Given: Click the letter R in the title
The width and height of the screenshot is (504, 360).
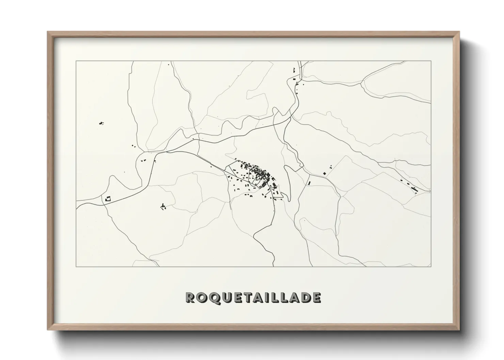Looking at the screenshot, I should (x=190, y=298).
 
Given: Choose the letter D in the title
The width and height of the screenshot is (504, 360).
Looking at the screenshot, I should (x=304, y=298).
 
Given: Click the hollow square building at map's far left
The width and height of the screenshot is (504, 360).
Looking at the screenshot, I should (x=108, y=199).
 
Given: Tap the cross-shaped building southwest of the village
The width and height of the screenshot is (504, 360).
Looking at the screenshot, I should (x=163, y=206).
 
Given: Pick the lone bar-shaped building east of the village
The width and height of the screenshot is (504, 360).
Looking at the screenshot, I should (x=310, y=183).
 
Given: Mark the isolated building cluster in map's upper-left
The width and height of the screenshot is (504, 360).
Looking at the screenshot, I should (x=101, y=123).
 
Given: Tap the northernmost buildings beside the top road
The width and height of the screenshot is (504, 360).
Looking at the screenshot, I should (x=294, y=70).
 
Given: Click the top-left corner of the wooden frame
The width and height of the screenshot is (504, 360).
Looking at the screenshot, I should (x=48, y=32).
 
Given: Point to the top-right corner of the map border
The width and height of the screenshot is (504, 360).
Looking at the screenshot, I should (x=431, y=61).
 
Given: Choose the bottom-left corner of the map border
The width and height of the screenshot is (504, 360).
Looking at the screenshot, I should (x=76, y=266).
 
